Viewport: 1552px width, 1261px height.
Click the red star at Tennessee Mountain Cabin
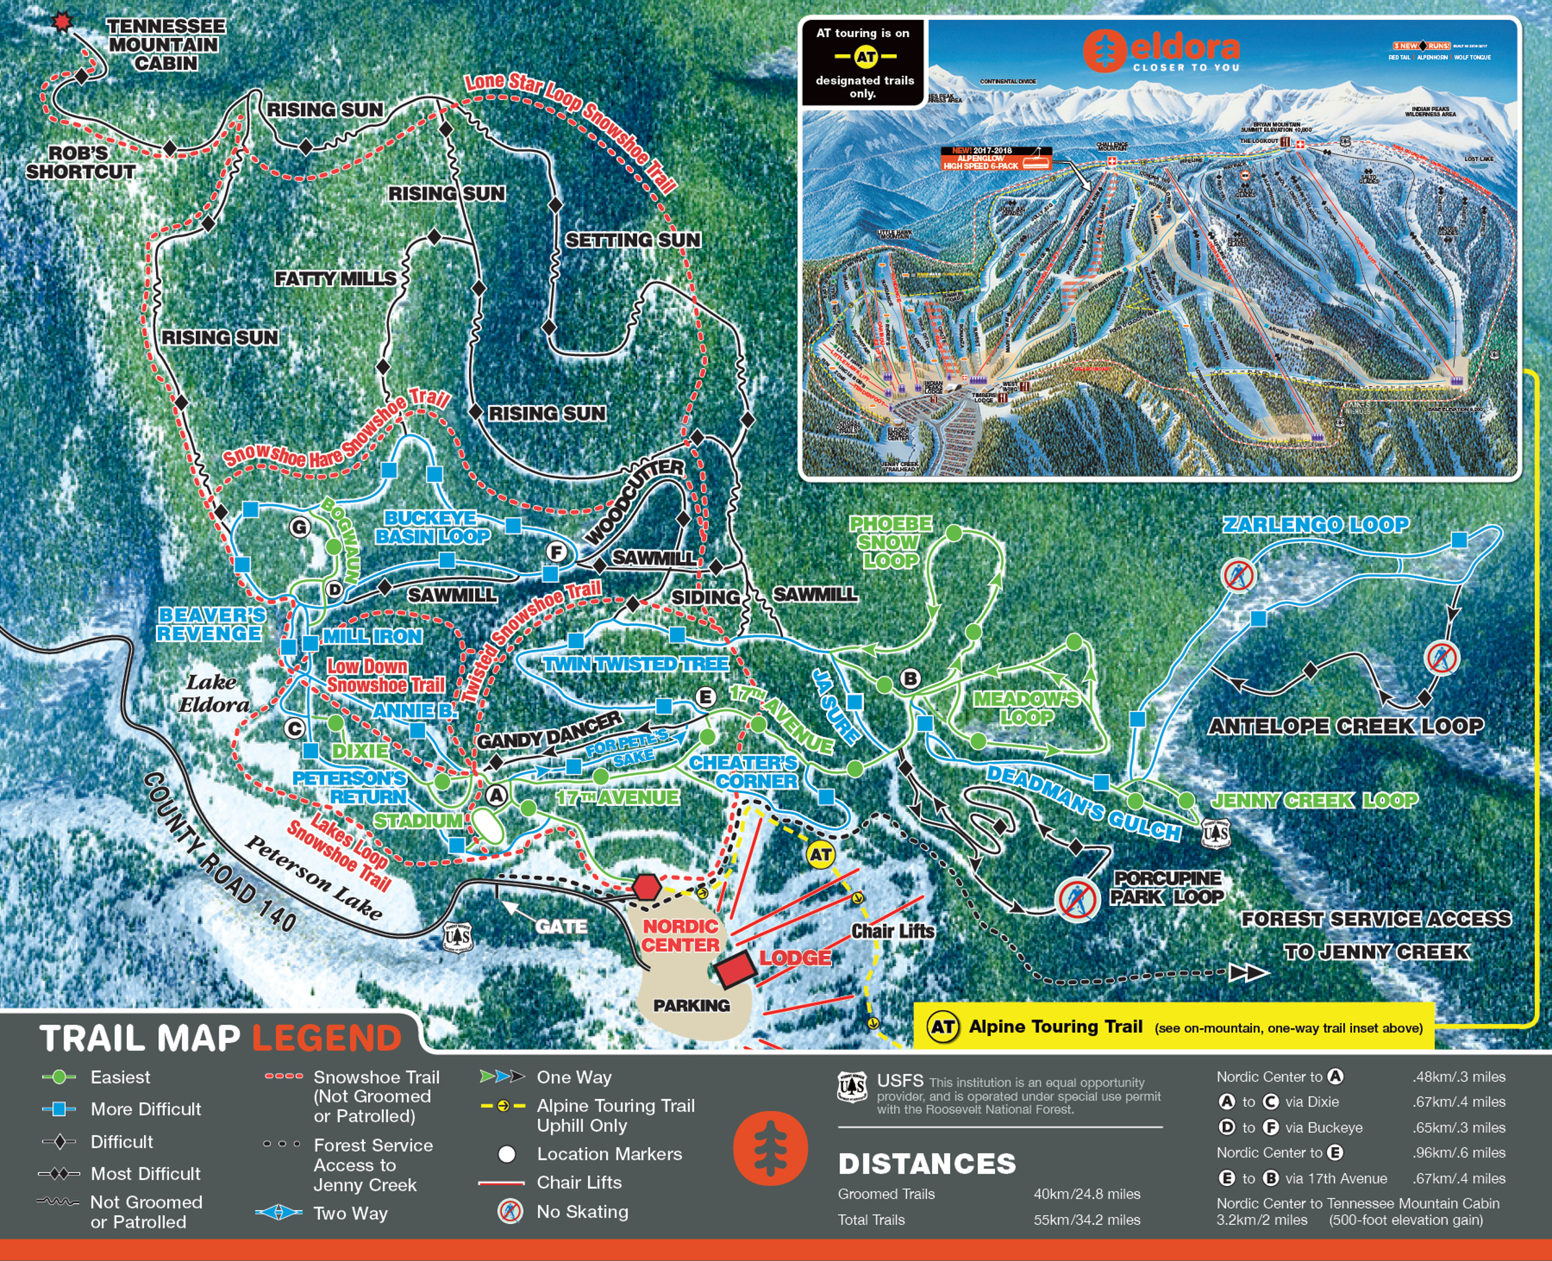(63, 23)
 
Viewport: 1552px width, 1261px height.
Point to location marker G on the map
(300, 528)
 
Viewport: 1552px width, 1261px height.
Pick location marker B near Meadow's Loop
(909, 679)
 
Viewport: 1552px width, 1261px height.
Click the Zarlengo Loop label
(1315, 524)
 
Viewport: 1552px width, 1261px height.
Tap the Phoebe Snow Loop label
(890, 542)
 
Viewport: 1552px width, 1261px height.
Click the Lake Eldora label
(213, 693)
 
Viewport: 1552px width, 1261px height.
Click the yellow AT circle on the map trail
(820, 855)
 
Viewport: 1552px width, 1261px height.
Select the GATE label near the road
(561, 927)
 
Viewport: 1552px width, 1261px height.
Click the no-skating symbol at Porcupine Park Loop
(1076, 900)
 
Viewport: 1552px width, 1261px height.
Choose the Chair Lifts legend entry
(578, 1182)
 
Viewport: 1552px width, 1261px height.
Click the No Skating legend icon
(510, 1212)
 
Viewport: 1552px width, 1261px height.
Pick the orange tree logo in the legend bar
(770, 1148)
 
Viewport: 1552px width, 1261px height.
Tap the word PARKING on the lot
(691, 1005)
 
